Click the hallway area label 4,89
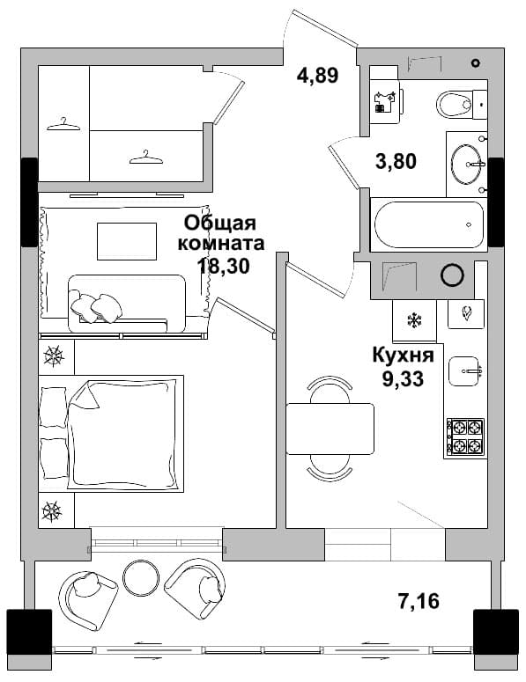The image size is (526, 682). (x=317, y=76)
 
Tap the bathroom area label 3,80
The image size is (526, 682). (x=396, y=161)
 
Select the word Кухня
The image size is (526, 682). (x=404, y=356)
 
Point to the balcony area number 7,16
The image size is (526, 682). (x=419, y=601)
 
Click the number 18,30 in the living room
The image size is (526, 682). (x=224, y=265)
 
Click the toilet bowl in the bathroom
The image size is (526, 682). (x=454, y=105)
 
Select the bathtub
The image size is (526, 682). (x=429, y=225)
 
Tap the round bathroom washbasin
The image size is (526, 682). (x=467, y=165)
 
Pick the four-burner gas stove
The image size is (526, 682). (x=465, y=436)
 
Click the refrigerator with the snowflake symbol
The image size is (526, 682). (x=414, y=321)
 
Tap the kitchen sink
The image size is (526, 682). (x=464, y=371)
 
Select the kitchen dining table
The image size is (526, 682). (x=330, y=429)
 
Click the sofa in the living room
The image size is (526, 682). (x=127, y=304)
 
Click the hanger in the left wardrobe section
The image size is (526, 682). (x=63, y=124)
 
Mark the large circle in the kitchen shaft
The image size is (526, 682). (x=452, y=275)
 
